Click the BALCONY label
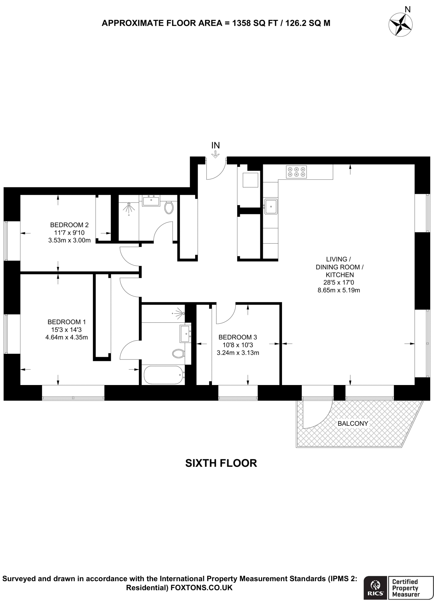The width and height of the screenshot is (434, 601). click(x=353, y=423)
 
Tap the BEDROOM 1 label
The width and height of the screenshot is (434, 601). click(x=66, y=322)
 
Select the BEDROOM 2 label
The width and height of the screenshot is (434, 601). click(x=69, y=225)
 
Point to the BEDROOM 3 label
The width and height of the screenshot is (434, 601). click(x=238, y=337)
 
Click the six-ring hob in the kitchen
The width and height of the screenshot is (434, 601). click(x=296, y=172)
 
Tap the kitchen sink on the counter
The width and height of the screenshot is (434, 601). click(x=271, y=206)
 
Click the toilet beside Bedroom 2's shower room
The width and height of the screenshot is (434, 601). click(x=169, y=207)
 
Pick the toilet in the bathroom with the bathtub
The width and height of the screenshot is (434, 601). click(x=178, y=353)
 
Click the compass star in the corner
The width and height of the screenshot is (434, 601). click(x=400, y=25)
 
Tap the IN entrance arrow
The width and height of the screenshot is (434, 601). click(x=216, y=154)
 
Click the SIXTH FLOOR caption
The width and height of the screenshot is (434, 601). click(x=221, y=463)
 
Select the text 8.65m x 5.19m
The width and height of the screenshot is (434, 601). click(x=339, y=291)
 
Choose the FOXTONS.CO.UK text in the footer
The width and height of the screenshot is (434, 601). click(x=202, y=587)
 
